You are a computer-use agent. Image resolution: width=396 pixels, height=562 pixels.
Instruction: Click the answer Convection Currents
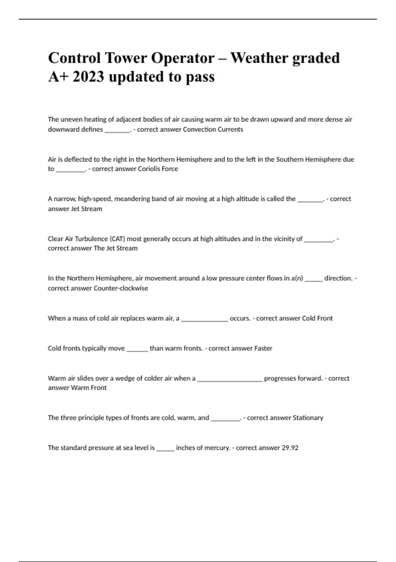(x=213, y=130)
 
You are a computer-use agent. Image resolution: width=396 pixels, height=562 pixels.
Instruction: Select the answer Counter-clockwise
(x=121, y=288)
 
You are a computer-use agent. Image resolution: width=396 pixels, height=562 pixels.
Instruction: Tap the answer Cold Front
(x=317, y=318)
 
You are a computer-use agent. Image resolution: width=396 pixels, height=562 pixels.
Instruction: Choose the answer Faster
(x=263, y=348)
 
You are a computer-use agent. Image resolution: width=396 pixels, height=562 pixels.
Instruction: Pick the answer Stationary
(x=308, y=418)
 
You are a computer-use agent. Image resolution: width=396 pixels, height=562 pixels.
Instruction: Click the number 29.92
(x=290, y=448)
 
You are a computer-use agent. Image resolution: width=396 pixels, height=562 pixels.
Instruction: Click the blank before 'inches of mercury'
(x=165, y=449)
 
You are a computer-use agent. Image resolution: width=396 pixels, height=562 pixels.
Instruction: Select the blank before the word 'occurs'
(x=205, y=320)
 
